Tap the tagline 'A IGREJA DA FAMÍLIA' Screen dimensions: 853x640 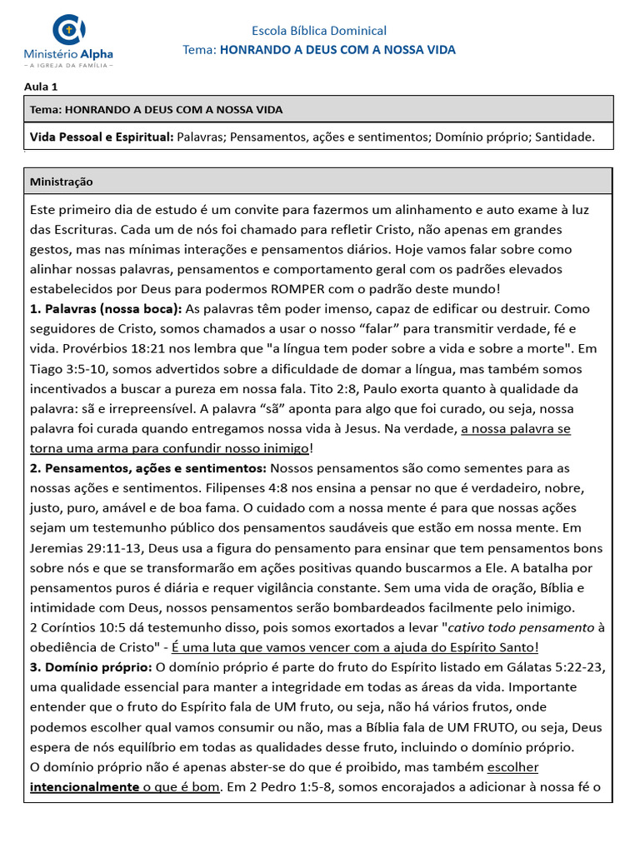[x=68, y=64]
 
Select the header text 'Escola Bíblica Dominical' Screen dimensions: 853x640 [x=319, y=31]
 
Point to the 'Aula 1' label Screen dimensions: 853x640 [x=41, y=86]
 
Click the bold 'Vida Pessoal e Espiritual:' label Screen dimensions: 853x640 [x=102, y=137]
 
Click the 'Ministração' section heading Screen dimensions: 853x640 [x=62, y=181]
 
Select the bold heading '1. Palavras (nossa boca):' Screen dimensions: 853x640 [x=106, y=309]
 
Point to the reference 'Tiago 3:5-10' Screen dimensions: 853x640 [x=67, y=369]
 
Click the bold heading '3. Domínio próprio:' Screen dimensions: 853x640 [x=91, y=668]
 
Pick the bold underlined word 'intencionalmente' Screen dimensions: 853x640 [x=84, y=787]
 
